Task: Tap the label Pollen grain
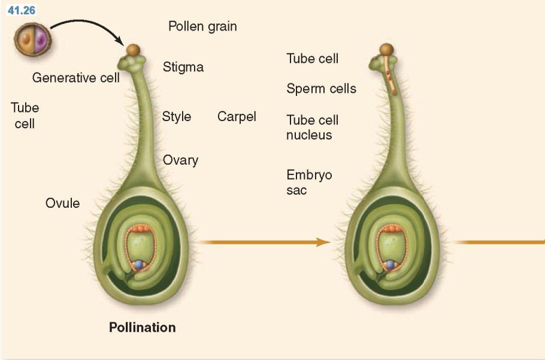[202, 26]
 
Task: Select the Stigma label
[183, 67]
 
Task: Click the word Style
[176, 116]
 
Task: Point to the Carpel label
[237, 116]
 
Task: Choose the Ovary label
[180, 160]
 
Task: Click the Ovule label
[62, 203]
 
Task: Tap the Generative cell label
[76, 77]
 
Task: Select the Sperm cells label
[321, 89]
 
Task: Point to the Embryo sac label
[309, 182]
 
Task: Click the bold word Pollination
[143, 328]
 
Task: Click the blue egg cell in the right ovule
[390, 264]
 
